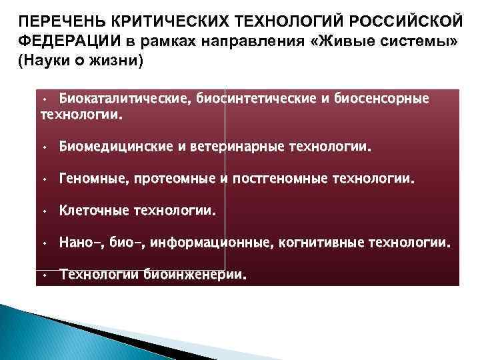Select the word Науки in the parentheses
pyautogui.click(x=47, y=61)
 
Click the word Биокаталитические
pyautogui.click(x=125, y=99)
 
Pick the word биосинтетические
pyautogui.click(x=251, y=99)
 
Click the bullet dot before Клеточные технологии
pyautogui.click(x=42, y=212)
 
